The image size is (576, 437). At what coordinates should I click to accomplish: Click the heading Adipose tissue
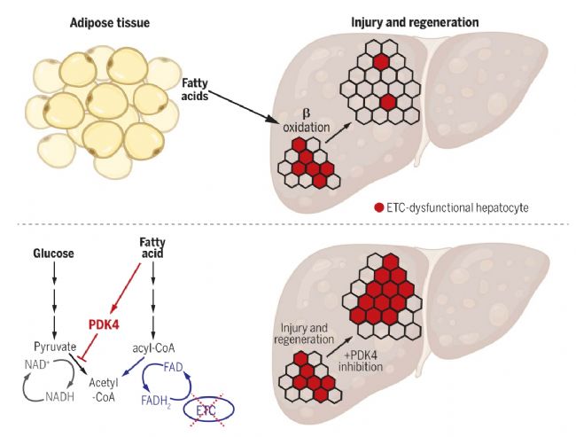[110, 23]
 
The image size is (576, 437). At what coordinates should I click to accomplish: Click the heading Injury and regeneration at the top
[415, 22]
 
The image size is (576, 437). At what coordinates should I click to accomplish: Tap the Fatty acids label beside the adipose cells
[195, 90]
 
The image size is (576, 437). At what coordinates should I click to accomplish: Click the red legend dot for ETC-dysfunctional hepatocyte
[378, 207]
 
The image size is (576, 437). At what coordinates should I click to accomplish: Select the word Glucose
[53, 254]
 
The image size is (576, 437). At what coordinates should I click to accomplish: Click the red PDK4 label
[104, 324]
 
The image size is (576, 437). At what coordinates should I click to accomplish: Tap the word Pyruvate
[55, 347]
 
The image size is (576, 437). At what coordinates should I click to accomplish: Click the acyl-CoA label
[153, 348]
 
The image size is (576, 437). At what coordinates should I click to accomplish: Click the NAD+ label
[37, 364]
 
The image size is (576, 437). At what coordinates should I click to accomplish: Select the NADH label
[60, 396]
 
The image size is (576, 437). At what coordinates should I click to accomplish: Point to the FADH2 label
[156, 401]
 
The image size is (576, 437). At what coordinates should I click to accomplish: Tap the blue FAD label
[173, 367]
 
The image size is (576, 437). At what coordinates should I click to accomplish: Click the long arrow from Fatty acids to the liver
[243, 106]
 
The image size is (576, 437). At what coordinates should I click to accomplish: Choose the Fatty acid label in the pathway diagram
[152, 247]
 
